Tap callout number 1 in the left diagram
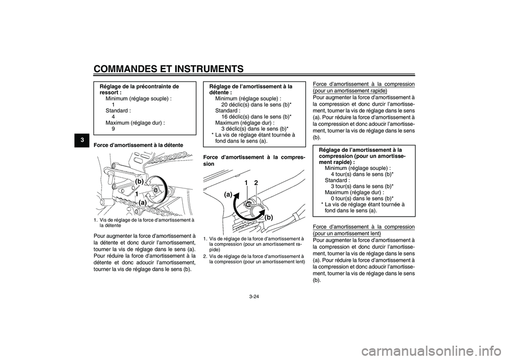pos(137,195)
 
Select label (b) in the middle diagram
pos(268,217)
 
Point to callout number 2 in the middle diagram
pos(256,183)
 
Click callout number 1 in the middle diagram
pos(246,183)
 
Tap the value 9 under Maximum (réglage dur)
pos(114,128)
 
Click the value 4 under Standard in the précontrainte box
pos(114,116)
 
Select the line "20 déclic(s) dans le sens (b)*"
pos(256,105)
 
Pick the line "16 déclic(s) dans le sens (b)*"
pos(256,116)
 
